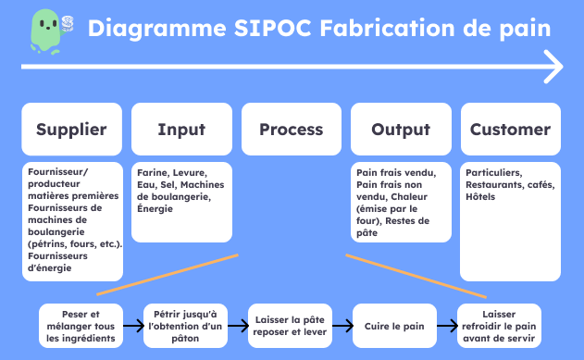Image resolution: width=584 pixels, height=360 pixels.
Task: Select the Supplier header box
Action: click(x=71, y=130)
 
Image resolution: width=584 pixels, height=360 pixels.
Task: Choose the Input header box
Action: click(x=181, y=130)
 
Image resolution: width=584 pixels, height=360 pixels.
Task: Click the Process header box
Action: click(x=291, y=130)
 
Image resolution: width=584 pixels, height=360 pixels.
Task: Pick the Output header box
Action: click(x=401, y=130)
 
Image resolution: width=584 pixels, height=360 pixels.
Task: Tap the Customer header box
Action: click(x=510, y=130)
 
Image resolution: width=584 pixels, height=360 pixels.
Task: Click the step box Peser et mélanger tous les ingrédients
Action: click(x=79, y=326)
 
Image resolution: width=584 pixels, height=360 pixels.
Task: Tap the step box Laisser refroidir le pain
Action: click(x=505, y=326)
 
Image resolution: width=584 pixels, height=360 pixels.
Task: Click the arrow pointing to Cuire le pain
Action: click(x=343, y=326)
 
